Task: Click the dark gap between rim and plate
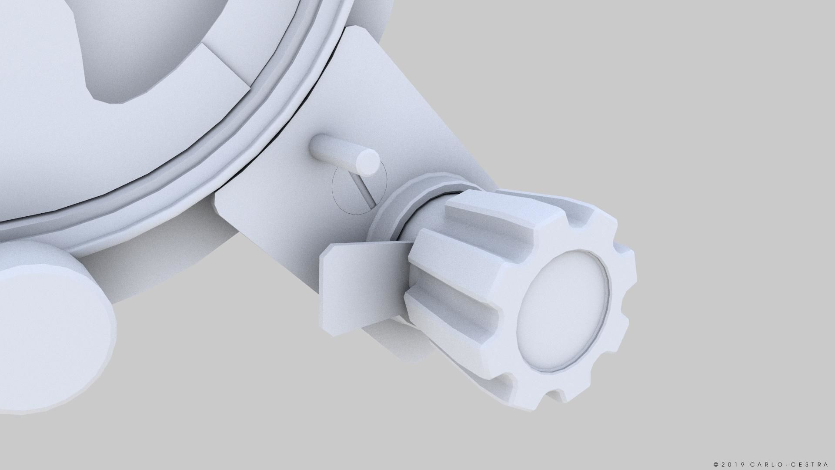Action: pyautogui.click(x=331, y=65)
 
